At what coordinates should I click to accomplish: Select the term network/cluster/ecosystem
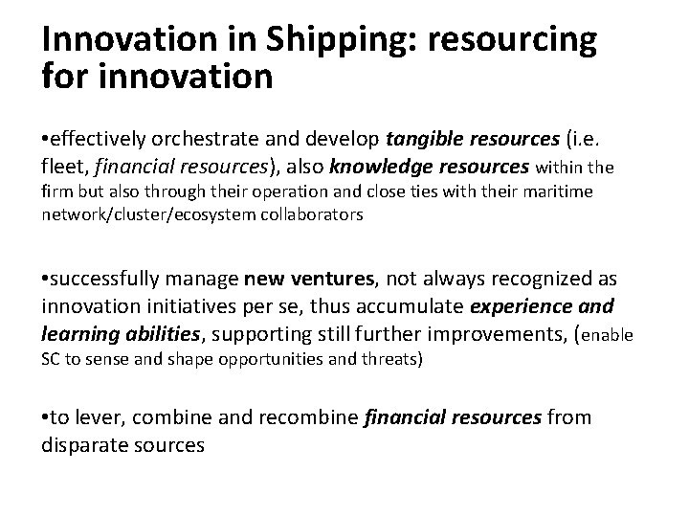point(146,215)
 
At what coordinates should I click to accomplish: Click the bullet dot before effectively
point(46,143)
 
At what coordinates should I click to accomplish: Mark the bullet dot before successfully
point(46,280)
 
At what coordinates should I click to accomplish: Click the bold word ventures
point(328,280)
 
